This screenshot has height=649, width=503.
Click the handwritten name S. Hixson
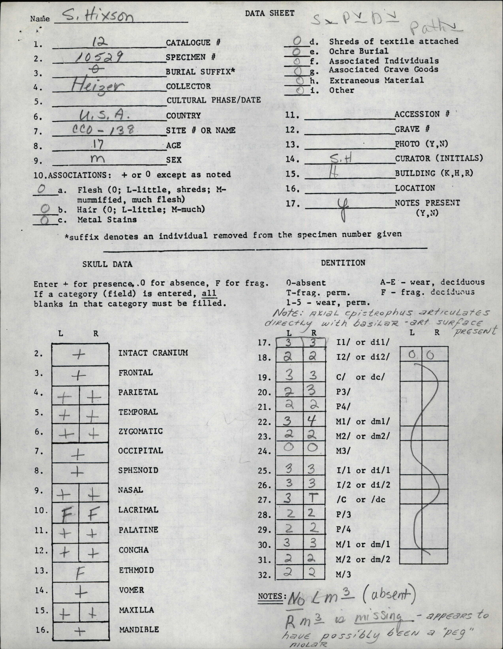coord(91,18)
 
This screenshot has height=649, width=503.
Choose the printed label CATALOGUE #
coord(193,43)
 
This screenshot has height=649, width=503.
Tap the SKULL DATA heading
coord(107,264)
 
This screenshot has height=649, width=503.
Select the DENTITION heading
coord(343,263)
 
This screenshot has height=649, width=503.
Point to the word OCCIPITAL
coord(141,450)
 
